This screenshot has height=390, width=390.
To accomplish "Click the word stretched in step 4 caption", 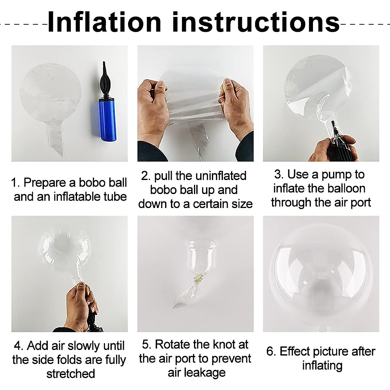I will [x=71, y=374].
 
